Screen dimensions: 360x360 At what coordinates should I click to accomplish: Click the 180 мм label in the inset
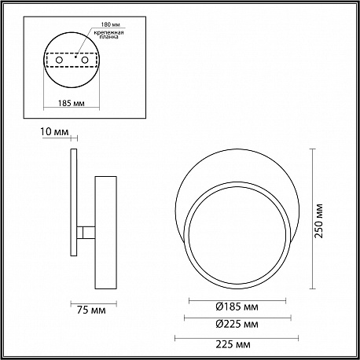point(110,24)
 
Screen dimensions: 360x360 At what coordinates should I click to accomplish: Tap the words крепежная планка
point(108,35)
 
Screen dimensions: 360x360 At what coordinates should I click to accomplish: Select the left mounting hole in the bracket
point(59,60)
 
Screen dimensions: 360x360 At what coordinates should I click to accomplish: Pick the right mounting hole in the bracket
point(84,60)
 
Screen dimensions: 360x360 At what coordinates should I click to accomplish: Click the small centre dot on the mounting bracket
point(75,57)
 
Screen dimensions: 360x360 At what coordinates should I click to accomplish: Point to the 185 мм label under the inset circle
point(72,103)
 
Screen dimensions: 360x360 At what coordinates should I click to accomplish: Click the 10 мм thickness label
point(54,131)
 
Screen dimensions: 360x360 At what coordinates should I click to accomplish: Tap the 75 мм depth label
point(91,310)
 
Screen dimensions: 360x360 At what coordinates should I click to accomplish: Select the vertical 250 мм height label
point(319,221)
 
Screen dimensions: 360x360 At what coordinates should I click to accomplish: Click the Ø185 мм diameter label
point(237,307)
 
